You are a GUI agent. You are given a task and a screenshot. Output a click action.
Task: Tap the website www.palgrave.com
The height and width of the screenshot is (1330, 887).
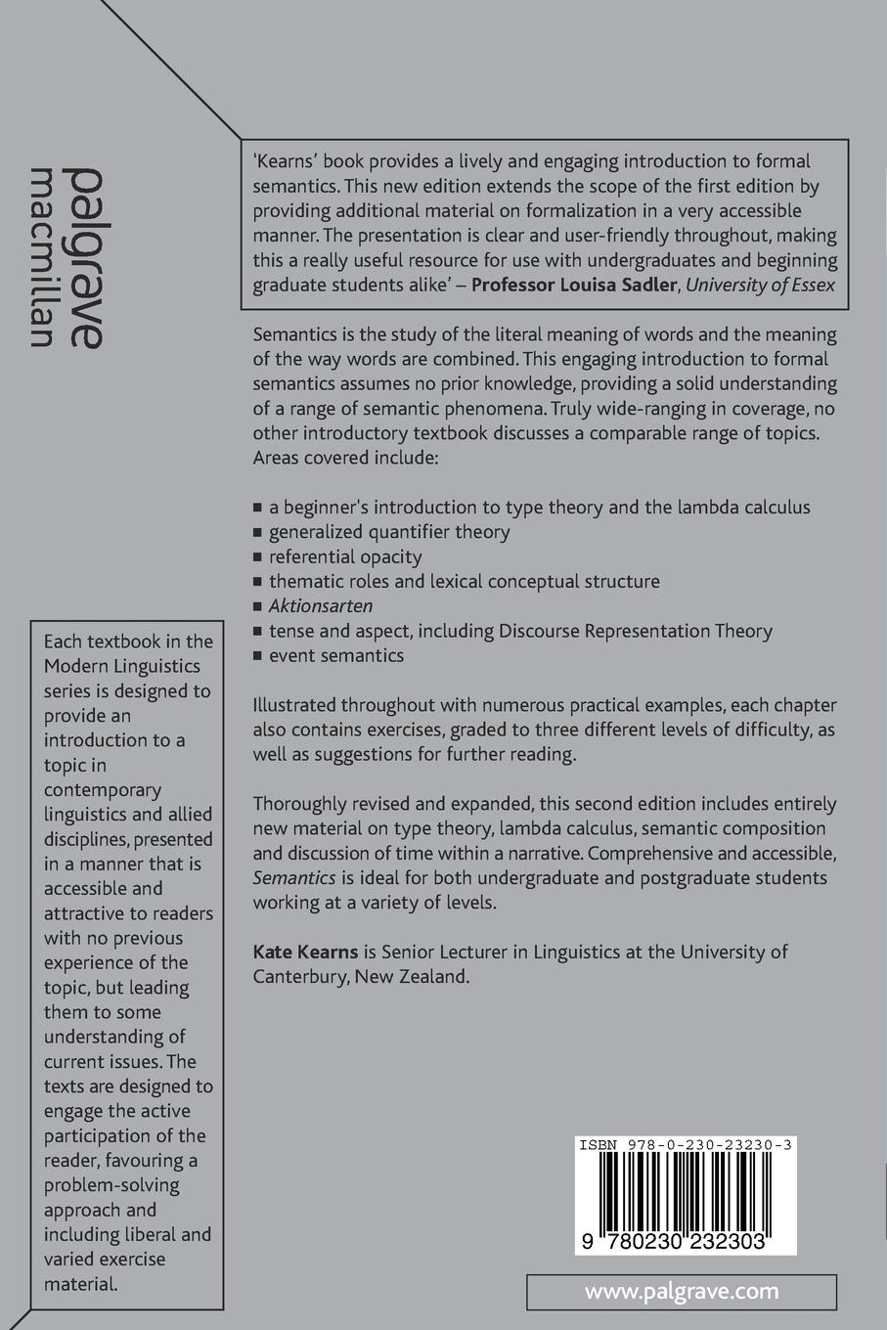tap(682, 1291)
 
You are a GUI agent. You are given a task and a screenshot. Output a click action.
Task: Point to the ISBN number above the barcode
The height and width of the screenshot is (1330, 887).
tap(685, 1144)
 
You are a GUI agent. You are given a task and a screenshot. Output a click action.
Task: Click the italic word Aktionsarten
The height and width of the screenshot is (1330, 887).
tap(321, 606)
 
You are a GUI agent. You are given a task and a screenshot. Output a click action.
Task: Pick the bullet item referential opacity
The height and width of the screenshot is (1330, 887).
tap(345, 556)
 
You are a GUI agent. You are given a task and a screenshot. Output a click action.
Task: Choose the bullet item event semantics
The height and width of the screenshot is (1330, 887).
tap(336, 655)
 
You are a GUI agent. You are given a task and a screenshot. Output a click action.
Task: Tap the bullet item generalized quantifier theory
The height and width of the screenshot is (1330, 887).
tap(389, 532)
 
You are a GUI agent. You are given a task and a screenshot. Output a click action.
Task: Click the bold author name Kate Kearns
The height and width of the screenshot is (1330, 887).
tap(305, 952)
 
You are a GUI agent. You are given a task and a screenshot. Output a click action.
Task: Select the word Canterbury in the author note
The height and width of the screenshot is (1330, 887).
tap(299, 976)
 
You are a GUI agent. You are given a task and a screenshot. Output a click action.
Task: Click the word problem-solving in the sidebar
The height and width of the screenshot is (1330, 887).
tap(111, 1185)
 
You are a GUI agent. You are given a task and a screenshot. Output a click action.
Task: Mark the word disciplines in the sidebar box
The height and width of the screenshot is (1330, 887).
tap(86, 839)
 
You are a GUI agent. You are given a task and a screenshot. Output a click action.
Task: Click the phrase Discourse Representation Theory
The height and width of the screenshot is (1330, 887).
tap(636, 631)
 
